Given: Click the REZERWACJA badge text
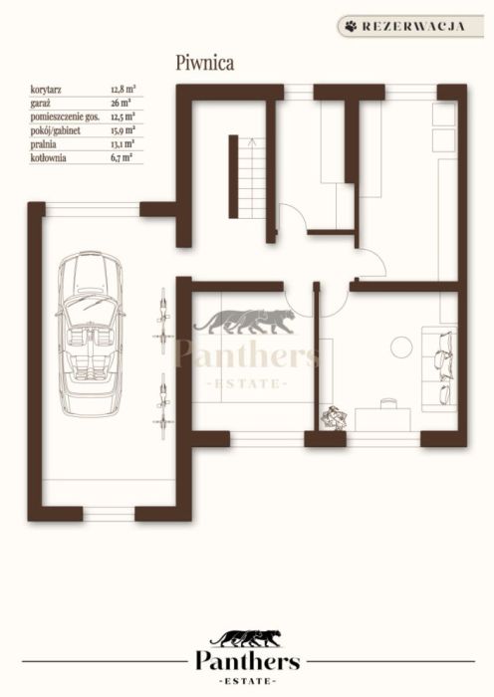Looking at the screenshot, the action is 413,26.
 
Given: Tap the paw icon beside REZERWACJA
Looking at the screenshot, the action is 351,26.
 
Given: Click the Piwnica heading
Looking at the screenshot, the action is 205,63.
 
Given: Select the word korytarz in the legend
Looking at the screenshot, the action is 46,90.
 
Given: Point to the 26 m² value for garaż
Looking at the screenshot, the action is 121,104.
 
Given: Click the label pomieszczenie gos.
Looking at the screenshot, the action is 65,116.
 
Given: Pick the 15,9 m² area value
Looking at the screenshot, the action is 123,130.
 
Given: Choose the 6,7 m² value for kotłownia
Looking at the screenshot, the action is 121,157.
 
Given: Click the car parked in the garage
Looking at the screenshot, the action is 91,334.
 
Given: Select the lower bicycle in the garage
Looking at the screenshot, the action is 162,406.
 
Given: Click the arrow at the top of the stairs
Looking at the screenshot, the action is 252,142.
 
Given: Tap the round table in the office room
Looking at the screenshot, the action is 401,348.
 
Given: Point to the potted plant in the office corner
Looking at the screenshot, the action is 334,417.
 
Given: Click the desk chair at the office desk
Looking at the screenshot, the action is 388,403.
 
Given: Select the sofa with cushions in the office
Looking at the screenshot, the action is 439,369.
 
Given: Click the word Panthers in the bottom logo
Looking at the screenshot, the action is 248,662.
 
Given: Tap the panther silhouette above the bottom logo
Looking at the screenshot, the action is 246,638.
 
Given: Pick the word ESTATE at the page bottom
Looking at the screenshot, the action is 248,681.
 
